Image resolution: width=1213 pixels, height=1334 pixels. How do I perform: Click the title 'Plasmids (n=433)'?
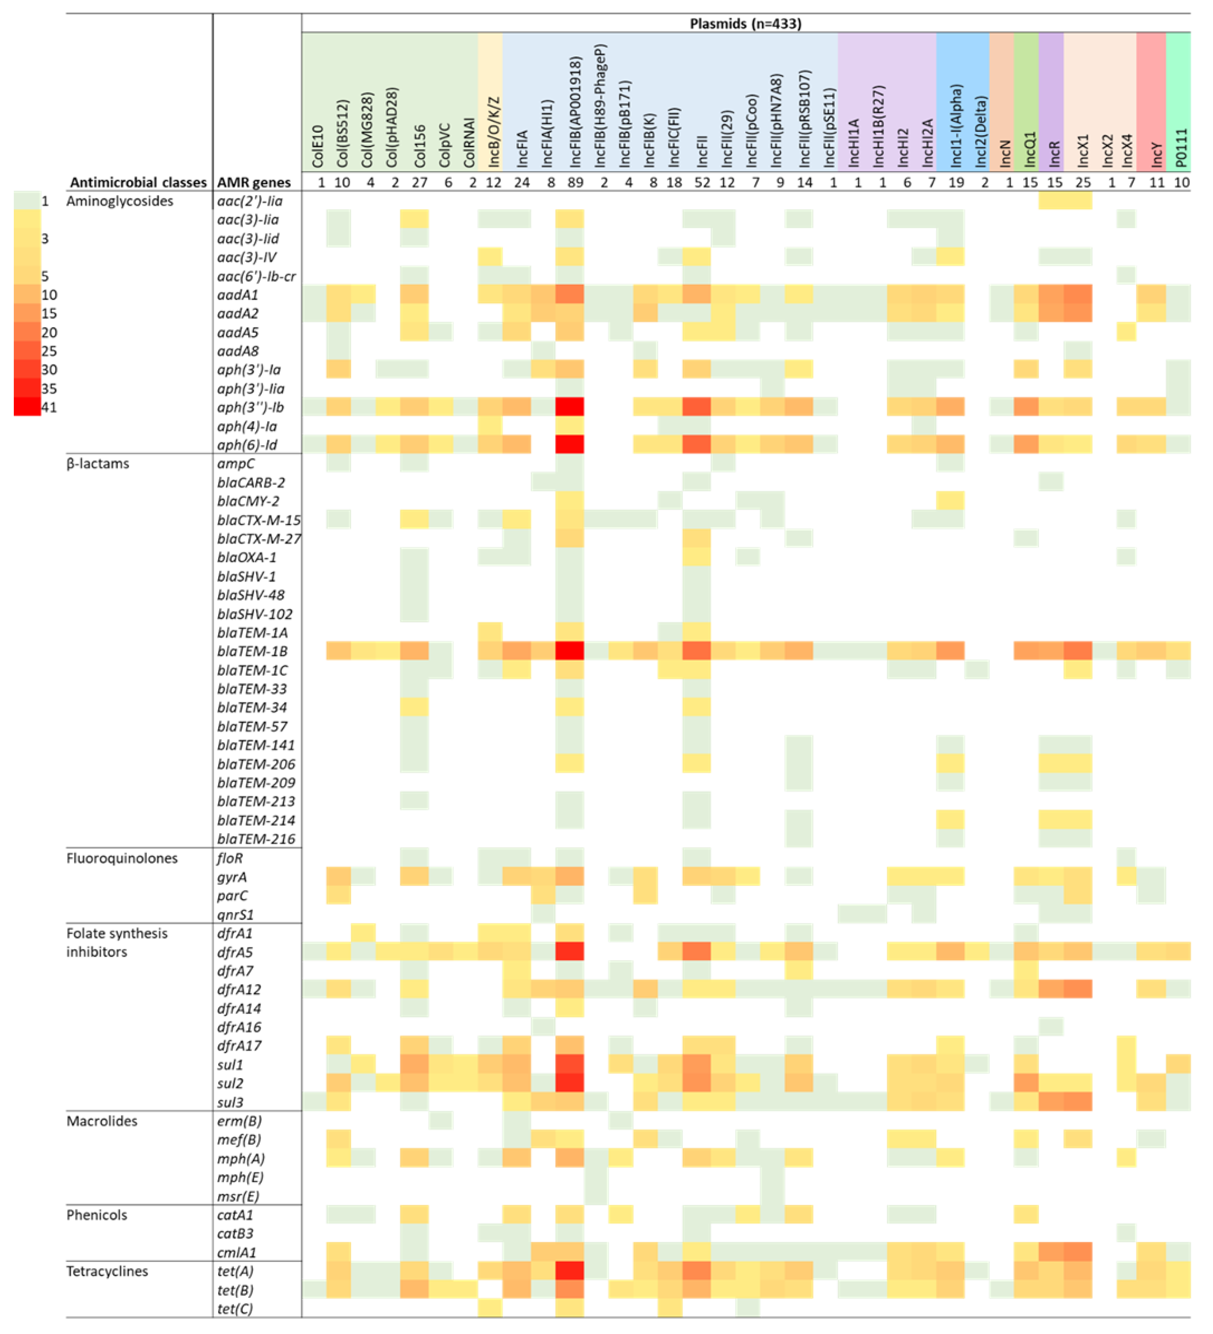coord(745,24)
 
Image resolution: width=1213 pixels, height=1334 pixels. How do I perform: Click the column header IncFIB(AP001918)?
coord(575,113)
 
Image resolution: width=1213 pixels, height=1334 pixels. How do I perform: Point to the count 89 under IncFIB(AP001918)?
coord(575,182)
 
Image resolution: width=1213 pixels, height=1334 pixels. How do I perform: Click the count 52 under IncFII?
coord(702,182)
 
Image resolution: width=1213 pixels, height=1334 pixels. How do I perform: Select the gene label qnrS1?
coord(236,915)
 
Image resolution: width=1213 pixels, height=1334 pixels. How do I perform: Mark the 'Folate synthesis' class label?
coord(117,933)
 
